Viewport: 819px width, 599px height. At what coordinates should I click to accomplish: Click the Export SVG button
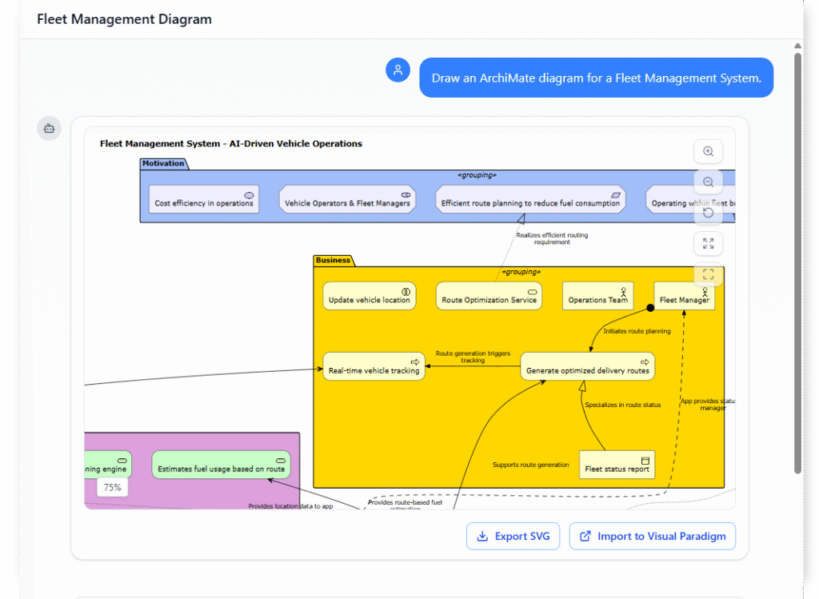pos(513,536)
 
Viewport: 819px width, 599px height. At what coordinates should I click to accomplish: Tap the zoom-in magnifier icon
pos(708,152)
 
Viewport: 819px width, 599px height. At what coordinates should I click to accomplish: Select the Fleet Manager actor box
pos(684,296)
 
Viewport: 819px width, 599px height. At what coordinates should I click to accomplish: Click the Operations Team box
pos(597,296)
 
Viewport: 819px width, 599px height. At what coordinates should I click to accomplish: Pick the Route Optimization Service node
pos(489,296)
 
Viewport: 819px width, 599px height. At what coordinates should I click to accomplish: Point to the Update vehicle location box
pos(370,296)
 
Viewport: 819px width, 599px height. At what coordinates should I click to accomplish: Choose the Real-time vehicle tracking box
pos(374,366)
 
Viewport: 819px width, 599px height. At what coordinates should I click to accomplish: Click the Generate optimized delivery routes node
pos(587,366)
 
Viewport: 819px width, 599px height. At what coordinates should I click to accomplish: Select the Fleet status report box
pos(617,465)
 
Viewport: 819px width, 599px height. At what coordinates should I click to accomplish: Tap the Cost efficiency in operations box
pos(204,199)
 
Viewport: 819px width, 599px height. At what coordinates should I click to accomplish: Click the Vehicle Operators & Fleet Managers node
pos(347,199)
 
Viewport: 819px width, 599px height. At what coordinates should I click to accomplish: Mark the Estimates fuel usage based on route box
pos(221,465)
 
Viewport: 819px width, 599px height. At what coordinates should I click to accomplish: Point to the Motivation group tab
pos(163,163)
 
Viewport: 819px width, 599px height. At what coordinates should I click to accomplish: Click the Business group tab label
pos(333,260)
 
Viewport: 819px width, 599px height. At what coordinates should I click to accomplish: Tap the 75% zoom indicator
pos(112,487)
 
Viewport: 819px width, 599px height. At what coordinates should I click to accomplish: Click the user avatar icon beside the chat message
pos(398,70)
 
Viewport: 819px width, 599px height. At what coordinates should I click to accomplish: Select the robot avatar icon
pos(49,128)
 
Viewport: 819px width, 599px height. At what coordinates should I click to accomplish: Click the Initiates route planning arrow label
pos(637,330)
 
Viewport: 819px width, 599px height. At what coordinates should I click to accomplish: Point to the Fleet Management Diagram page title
pos(124,19)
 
